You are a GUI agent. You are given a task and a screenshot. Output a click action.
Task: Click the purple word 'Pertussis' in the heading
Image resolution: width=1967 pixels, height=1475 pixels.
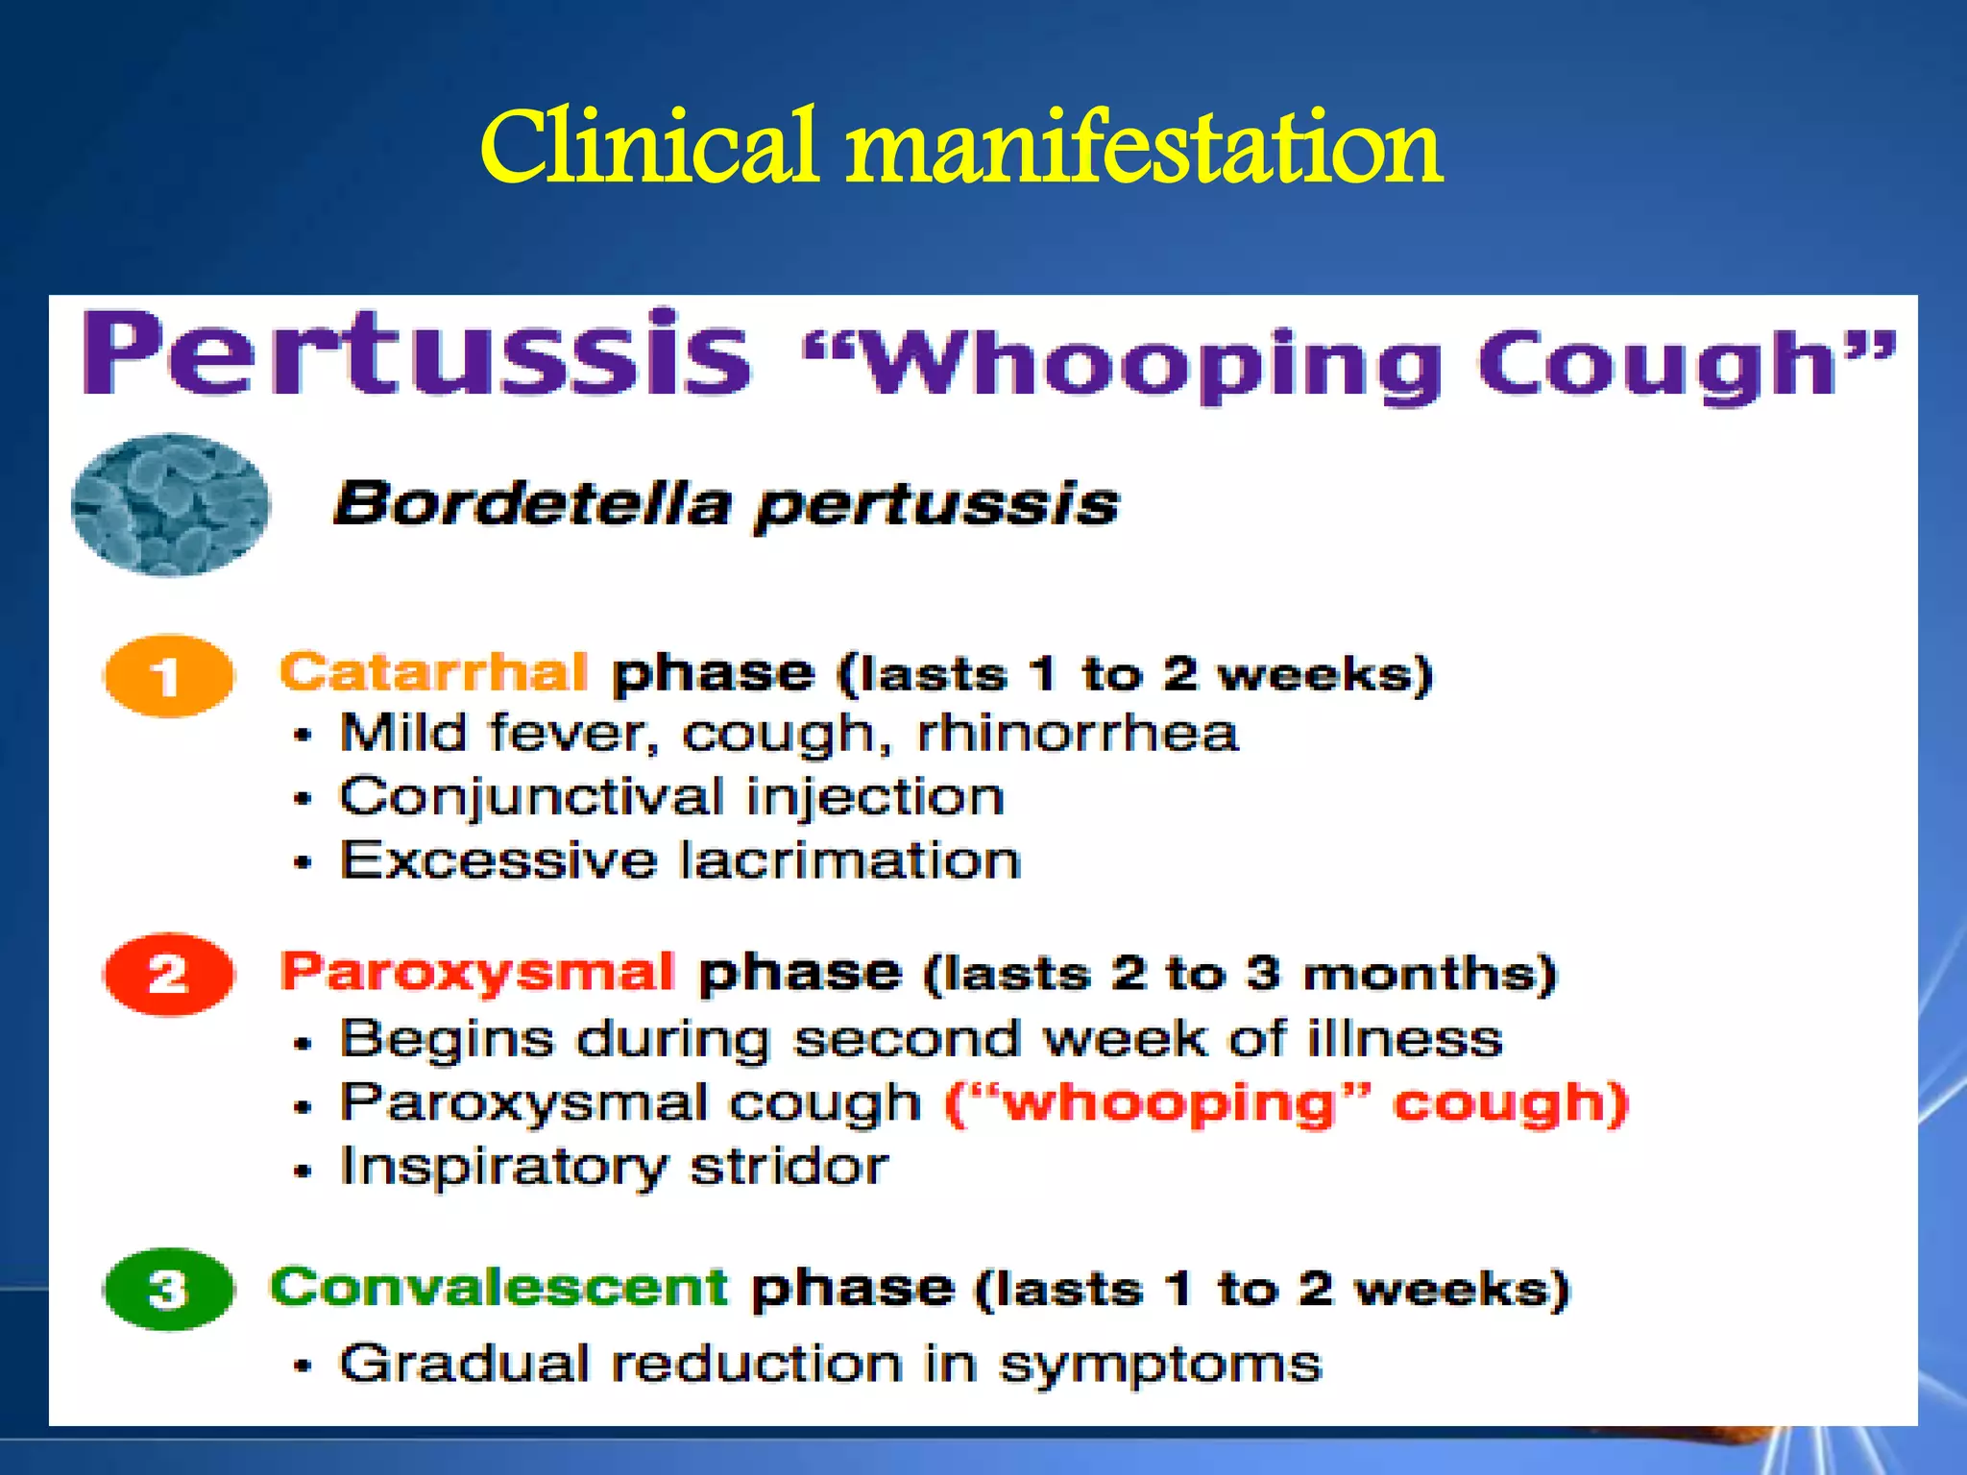[416, 353]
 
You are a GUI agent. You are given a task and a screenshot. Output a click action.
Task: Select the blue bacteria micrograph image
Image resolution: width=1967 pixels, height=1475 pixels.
[170, 504]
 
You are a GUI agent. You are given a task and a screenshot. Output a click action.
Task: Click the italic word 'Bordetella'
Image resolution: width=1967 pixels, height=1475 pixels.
[532, 503]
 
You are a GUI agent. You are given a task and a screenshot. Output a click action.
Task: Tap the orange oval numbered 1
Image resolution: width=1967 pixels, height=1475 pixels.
[168, 676]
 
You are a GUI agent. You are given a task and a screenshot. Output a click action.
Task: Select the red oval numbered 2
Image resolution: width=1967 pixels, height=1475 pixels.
[168, 975]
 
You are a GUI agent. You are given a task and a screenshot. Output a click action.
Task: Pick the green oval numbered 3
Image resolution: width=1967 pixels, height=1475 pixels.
[168, 1289]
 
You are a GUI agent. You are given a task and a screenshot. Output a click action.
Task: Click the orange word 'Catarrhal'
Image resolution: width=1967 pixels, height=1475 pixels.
[433, 671]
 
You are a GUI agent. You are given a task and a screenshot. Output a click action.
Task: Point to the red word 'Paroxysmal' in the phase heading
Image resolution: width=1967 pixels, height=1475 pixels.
[477, 972]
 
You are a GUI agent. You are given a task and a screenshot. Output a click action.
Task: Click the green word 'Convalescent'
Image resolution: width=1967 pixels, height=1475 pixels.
[498, 1287]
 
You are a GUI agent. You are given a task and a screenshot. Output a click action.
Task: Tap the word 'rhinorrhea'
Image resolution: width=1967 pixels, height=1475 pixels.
[1078, 734]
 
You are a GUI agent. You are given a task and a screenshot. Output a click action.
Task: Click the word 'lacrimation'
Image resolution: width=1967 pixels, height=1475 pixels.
[850, 860]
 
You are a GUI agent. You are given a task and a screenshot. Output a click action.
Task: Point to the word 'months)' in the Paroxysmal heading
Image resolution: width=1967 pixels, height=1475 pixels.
[1429, 974]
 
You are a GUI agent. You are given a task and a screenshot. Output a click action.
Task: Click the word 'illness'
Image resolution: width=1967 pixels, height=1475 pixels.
[1404, 1039]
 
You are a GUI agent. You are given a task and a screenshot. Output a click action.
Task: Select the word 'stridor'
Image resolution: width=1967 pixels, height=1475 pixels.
[789, 1167]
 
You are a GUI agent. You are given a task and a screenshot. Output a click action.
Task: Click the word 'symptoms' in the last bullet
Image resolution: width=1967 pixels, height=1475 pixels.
[1160, 1365]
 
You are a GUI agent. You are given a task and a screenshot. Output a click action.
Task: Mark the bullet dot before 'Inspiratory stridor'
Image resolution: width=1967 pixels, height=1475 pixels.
[304, 1171]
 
